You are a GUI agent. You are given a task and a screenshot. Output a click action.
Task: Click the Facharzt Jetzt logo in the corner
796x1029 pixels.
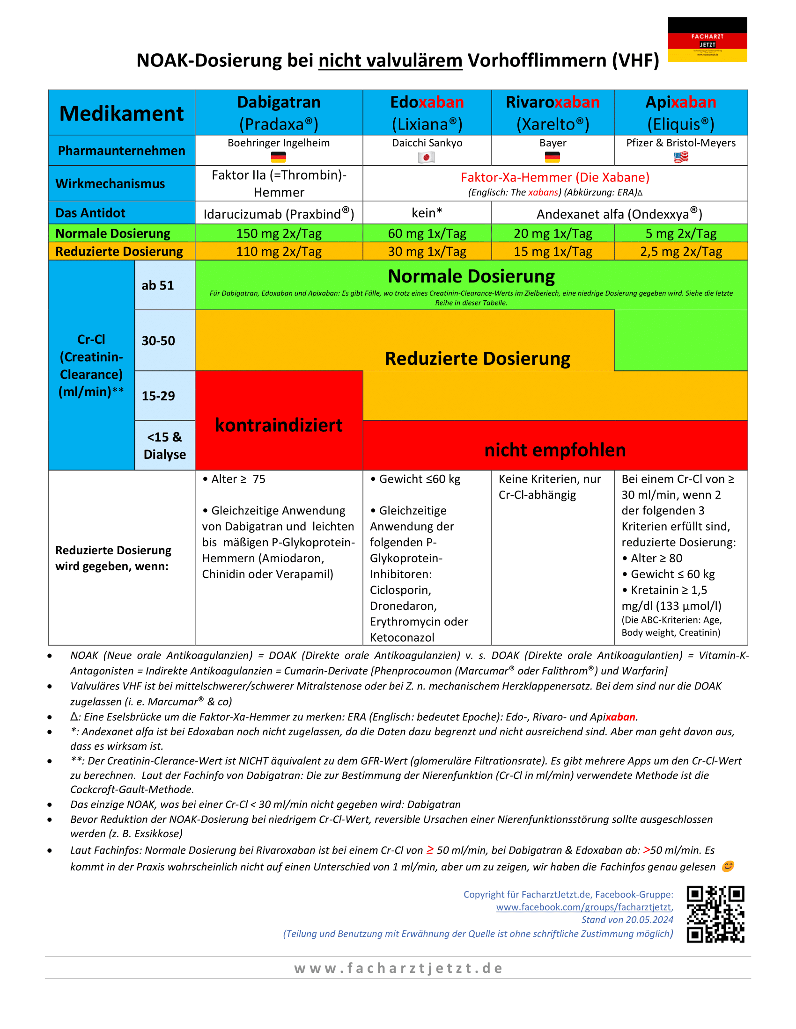click(707, 40)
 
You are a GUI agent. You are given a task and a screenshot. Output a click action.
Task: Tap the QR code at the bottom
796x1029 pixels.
click(715, 914)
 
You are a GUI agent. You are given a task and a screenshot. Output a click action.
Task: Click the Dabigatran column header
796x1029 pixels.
click(279, 113)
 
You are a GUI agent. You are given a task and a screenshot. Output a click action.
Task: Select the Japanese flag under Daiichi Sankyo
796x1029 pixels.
click(426, 157)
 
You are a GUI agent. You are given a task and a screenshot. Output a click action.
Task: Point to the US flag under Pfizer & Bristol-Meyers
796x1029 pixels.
click(680, 157)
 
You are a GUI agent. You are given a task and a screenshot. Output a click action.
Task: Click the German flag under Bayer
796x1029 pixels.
click(552, 157)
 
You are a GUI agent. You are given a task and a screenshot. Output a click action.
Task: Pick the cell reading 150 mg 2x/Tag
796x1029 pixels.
click(279, 233)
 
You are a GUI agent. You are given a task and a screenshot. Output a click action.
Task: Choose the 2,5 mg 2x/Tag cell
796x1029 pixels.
click(680, 252)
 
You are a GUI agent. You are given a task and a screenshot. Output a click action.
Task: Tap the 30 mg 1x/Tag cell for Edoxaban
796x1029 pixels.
click(427, 252)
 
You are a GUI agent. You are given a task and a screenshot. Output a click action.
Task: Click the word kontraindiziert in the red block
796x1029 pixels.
click(279, 425)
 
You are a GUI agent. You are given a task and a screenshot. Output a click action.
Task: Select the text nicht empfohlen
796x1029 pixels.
click(554, 450)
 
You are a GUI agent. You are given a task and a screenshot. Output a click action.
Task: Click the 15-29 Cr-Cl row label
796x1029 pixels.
click(158, 396)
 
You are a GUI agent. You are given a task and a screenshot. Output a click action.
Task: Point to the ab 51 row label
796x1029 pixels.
click(158, 285)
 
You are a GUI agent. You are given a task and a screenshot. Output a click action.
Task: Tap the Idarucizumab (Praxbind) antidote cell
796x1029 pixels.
click(279, 214)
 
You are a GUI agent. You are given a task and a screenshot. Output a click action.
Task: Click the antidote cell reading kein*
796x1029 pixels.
click(427, 213)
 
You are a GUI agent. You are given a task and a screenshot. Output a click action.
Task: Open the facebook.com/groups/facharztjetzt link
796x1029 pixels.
click(583, 907)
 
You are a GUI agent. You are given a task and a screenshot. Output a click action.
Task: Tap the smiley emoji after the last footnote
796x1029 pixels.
click(728, 866)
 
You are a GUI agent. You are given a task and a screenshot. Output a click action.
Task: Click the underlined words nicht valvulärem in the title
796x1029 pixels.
click(391, 61)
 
